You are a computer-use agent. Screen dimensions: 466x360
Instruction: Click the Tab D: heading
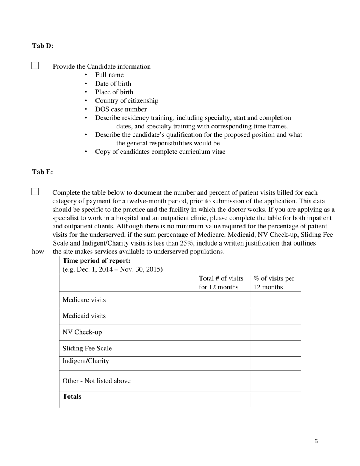coord(42,46)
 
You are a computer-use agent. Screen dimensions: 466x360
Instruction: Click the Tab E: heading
coord(42,172)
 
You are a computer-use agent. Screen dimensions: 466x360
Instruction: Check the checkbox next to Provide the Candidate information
coord(35,66)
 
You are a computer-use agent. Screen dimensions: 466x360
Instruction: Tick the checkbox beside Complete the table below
coord(35,192)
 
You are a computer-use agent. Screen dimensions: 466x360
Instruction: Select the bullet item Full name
coord(109,75)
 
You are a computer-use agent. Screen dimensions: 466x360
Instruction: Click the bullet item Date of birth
coord(113,84)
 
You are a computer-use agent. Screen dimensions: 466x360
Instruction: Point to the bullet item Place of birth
coord(114,92)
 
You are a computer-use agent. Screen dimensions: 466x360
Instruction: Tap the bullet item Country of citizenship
coord(127,101)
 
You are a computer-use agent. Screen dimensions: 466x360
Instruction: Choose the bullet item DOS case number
coord(121,109)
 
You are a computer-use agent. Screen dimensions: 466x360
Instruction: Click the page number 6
coord(316,441)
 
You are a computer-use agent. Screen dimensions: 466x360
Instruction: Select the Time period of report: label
coord(96,261)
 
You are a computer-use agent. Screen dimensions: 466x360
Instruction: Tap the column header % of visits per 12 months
coord(274,283)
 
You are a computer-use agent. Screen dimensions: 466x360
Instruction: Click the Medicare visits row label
coord(84,300)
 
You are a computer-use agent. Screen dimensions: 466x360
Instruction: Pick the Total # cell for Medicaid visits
coord(223,316)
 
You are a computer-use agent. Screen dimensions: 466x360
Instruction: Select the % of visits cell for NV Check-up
coord(275,332)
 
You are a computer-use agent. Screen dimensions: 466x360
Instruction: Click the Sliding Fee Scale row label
coord(87,349)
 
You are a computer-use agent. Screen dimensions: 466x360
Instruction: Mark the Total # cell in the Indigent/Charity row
coord(223,363)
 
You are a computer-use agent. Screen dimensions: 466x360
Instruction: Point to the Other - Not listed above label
coord(96,381)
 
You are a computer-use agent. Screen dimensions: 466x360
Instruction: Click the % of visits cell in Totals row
coord(275,400)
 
